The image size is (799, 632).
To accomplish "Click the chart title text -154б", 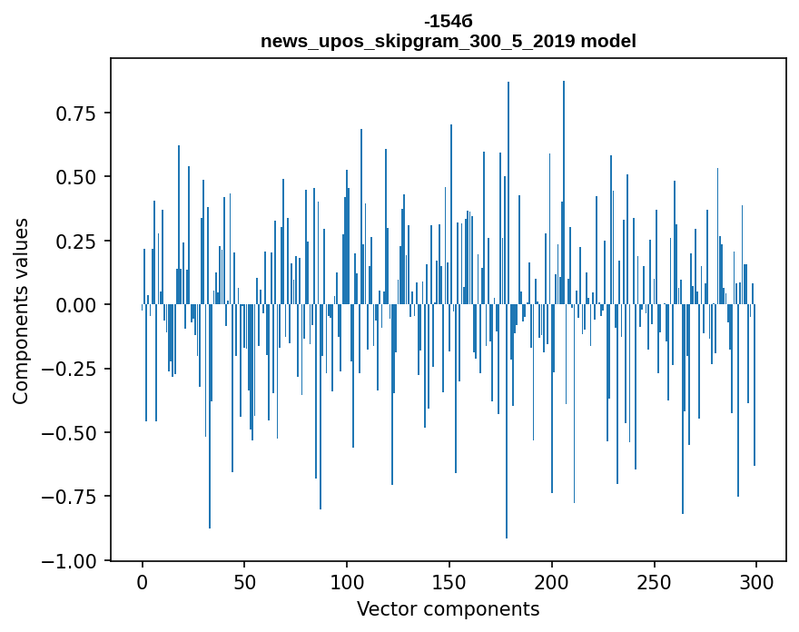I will [x=448, y=21].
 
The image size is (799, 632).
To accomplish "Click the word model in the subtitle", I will [x=608, y=41].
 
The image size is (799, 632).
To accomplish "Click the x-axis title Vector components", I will [x=448, y=609].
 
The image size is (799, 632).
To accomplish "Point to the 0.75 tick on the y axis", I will [x=78, y=114].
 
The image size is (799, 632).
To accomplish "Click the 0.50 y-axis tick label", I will [x=78, y=177].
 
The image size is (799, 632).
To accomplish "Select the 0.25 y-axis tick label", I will [x=78, y=242].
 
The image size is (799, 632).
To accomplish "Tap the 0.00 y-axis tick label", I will [x=78, y=305].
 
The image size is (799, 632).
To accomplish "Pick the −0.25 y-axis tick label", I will [x=73, y=370].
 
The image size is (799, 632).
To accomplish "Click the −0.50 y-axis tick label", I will [x=73, y=433].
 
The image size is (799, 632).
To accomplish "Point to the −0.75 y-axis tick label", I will [x=73, y=498].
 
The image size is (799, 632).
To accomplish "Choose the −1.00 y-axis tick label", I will [x=73, y=561].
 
